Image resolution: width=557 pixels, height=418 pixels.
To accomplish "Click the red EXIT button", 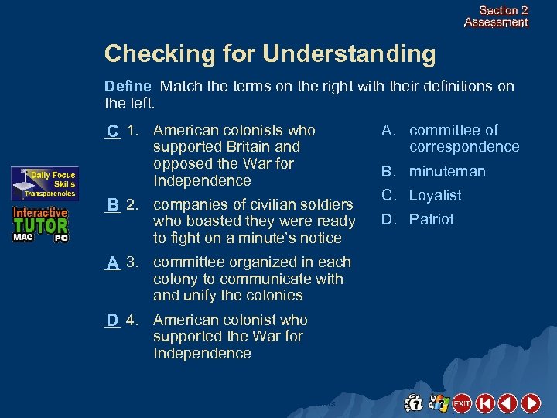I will pyautogui.click(x=462, y=403).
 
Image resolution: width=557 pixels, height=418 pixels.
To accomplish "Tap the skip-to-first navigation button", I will pyautogui.click(x=485, y=403).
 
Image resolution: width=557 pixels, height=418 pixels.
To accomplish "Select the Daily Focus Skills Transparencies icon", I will pyautogui.click(x=44, y=184).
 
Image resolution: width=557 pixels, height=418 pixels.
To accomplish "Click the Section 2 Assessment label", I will pyautogui.click(x=496, y=16).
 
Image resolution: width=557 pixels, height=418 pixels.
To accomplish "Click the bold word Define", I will pyautogui.click(x=127, y=86).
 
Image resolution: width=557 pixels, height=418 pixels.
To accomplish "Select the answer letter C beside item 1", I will pyautogui.click(x=113, y=131).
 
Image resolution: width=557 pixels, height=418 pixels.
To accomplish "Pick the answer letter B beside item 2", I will pyautogui.click(x=113, y=205).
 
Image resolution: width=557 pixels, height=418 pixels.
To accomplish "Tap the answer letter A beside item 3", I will pyautogui.click(x=113, y=263).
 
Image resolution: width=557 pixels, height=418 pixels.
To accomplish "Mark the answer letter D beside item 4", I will pyautogui.click(x=113, y=320).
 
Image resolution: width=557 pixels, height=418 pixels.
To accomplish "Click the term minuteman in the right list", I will pyautogui.click(x=447, y=172).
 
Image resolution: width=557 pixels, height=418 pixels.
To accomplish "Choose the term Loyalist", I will pyautogui.click(x=435, y=196).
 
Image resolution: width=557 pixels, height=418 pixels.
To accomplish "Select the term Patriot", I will pyautogui.click(x=432, y=220).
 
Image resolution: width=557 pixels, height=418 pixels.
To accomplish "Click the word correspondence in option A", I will pyautogui.click(x=464, y=147).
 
